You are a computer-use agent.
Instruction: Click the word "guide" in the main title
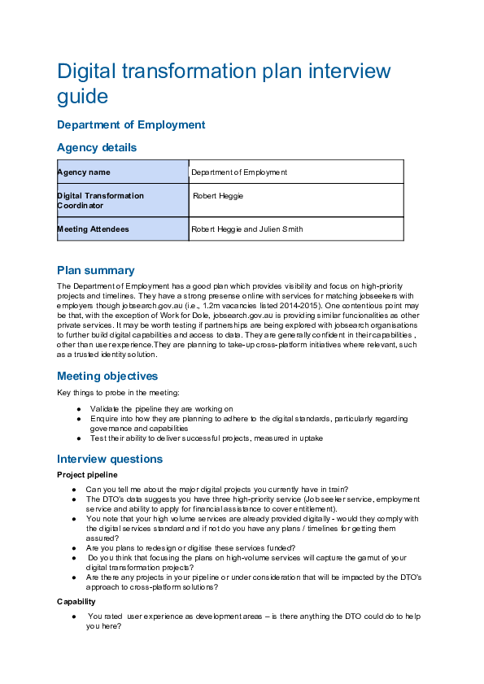pyautogui.click(x=82, y=97)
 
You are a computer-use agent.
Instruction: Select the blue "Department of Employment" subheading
pyautogui.click(x=131, y=125)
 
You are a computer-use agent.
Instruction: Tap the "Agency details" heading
pyautogui.click(x=97, y=148)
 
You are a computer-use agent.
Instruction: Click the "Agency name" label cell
pyautogui.click(x=122, y=172)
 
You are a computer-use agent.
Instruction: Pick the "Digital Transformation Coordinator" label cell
pyautogui.click(x=122, y=201)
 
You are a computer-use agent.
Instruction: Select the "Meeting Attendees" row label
pyautogui.click(x=122, y=229)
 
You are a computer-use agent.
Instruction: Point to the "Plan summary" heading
pyautogui.click(x=95, y=271)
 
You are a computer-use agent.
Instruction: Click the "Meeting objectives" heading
pyautogui.click(x=107, y=377)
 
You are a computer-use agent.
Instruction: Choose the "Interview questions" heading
pyautogui.click(x=110, y=460)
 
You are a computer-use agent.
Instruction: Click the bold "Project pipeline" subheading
pyautogui.click(x=88, y=475)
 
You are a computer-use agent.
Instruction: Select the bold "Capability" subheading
pyautogui.click(x=76, y=602)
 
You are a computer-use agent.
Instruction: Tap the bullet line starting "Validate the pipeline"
pyautogui.click(x=161, y=408)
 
